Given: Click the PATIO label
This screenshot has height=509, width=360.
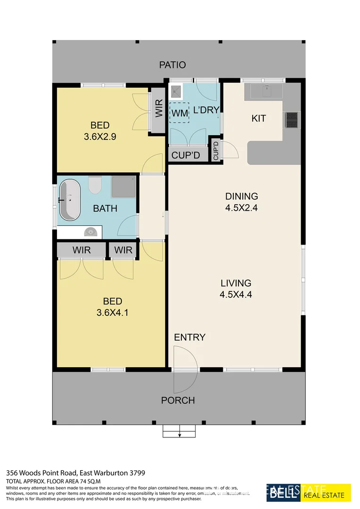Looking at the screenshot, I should tap(172, 65).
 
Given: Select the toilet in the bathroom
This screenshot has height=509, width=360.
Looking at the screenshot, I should tap(95, 184).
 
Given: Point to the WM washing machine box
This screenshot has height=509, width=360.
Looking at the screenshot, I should tap(179, 113).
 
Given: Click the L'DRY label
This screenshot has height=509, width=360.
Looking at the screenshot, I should tap(206, 111).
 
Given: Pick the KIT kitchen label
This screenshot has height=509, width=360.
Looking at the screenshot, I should tap(259, 118).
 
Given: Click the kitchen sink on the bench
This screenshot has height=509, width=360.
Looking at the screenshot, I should tap(265, 89).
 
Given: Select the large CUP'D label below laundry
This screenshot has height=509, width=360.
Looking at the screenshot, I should tap(186, 156).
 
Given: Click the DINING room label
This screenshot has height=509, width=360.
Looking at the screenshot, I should tap(242, 197).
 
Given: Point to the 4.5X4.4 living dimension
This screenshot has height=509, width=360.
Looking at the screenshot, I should tap(236, 295).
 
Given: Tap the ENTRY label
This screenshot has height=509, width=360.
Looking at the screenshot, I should tap(190, 337).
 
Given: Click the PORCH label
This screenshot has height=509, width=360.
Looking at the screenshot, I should tap(178, 401).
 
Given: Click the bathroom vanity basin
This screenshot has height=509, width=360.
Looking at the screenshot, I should tap(91, 231).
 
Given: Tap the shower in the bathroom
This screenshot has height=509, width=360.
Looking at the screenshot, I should tap(124, 187).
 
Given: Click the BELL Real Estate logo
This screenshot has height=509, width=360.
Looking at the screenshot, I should tap(309, 492).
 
